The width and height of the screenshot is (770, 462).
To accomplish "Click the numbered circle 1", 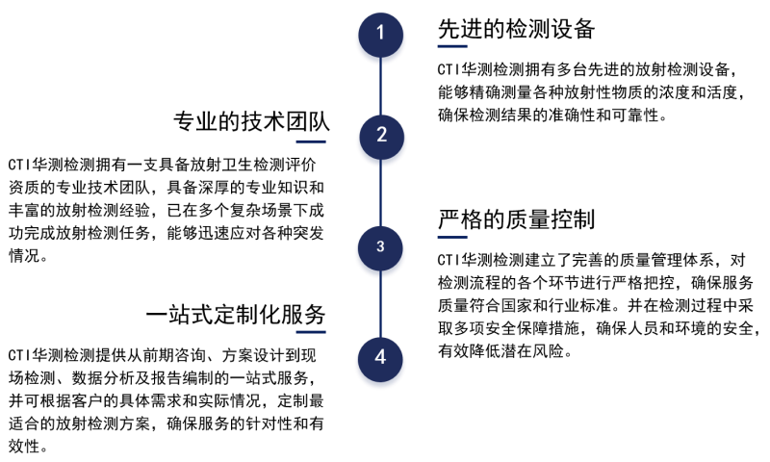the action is click(380, 35).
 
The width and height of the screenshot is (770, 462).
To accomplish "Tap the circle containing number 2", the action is click(381, 137).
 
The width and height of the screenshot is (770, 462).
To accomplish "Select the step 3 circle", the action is click(380, 248).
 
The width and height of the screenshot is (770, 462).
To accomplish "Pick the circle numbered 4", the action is click(380, 359).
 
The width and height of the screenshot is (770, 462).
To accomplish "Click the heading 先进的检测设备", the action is click(516, 29).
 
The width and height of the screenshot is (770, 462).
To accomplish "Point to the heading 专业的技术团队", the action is click(251, 121).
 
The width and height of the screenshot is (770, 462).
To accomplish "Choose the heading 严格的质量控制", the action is click(516, 219).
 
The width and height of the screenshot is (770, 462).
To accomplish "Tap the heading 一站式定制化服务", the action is click(236, 314).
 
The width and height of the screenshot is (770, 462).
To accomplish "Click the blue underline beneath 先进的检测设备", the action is click(452, 46).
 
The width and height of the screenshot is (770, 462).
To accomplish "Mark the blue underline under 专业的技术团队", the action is click(311, 141).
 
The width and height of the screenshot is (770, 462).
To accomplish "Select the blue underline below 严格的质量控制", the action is click(452, 237).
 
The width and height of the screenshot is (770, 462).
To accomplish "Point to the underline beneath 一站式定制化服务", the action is click(311, 332).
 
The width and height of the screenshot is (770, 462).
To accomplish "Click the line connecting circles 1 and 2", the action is click(380, 86).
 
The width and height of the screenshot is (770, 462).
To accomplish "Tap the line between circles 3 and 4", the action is click(380, 304).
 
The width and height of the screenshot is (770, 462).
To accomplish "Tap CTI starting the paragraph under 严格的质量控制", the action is click(448, 260).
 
